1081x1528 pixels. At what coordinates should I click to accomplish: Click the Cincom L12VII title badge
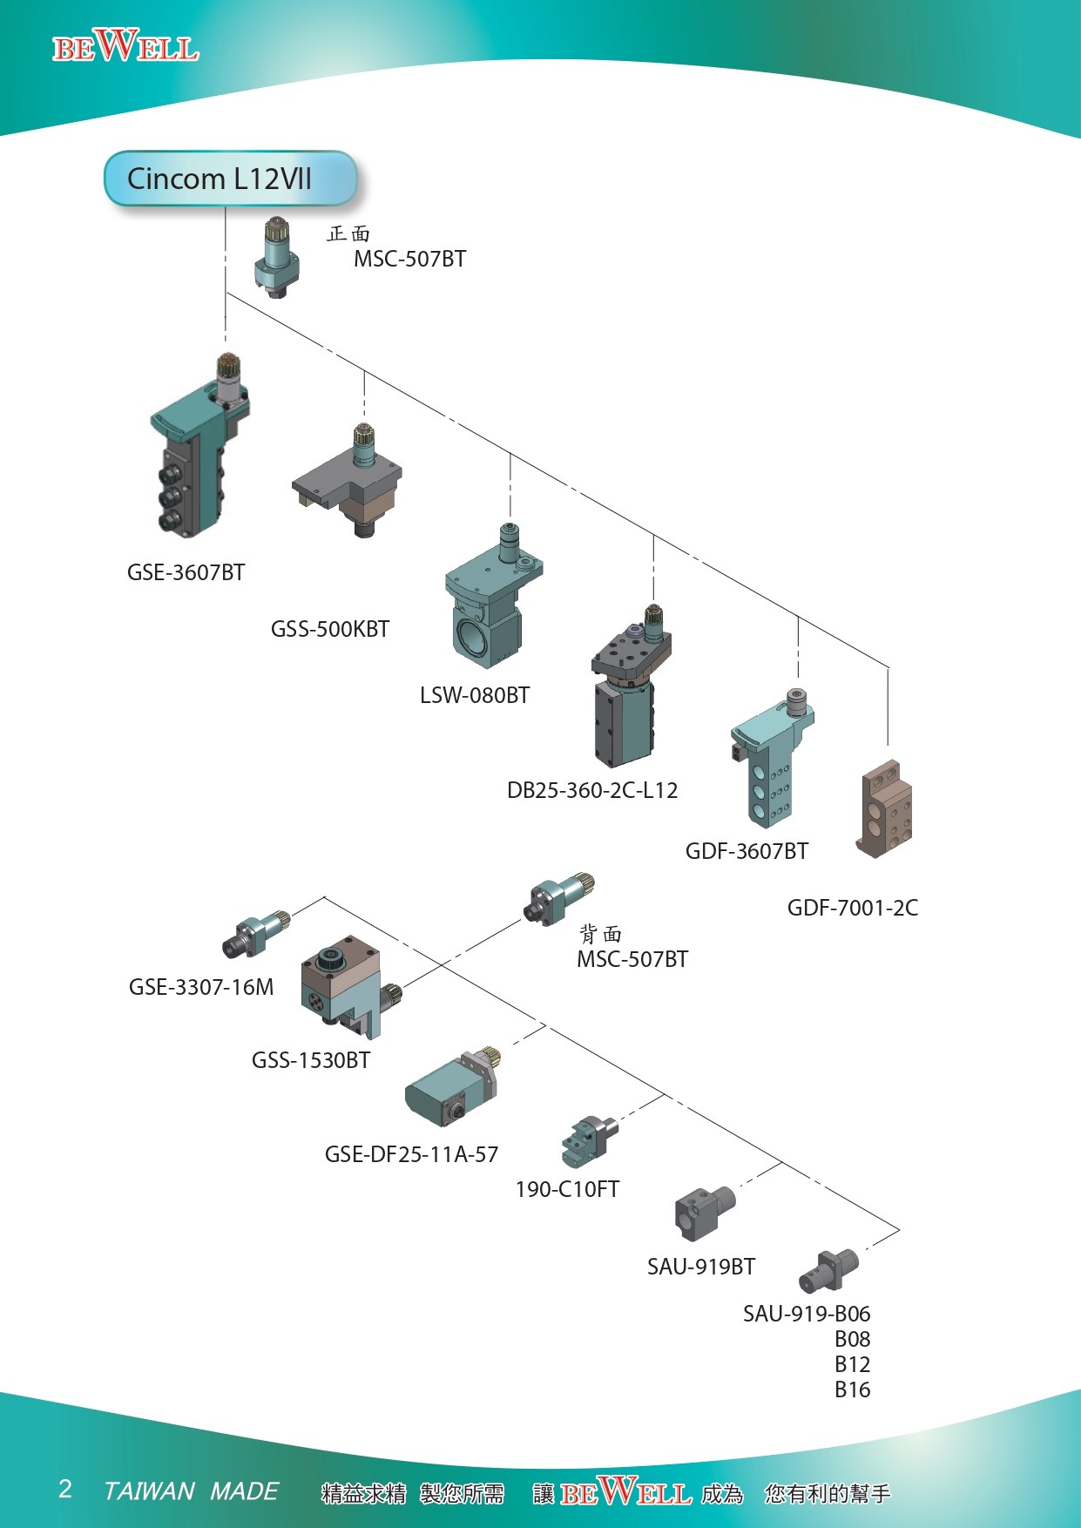[230, 179]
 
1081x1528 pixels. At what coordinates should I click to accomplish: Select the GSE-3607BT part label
[186, 572]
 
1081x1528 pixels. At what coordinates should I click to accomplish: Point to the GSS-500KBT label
[329, 629]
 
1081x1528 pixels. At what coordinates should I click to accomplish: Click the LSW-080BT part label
[475, 695]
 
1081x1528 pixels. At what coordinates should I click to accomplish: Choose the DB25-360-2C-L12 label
[592, 790]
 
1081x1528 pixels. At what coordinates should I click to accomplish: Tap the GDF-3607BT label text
[747, 851]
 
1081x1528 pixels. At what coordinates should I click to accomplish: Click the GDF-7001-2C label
[852, 908]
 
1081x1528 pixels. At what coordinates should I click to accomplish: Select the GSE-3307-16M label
[201, 987]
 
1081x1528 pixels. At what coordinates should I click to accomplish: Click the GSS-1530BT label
[311, 1060]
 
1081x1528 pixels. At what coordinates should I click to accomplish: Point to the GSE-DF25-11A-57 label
[411, 1154]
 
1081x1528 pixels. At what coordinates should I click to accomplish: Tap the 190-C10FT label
[567, 1189]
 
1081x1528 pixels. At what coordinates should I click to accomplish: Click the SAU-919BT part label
[701, 1267]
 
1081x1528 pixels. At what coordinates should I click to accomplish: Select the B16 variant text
[852, 1389]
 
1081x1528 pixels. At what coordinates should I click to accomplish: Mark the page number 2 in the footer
[65, 1489]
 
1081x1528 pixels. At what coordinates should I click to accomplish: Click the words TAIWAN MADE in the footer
[191, 1491]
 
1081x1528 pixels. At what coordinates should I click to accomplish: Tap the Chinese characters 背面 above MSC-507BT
[601, 935]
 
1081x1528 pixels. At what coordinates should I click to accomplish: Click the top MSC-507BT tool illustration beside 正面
[278, 258]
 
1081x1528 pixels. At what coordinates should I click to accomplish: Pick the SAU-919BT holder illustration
[704, 1212]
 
